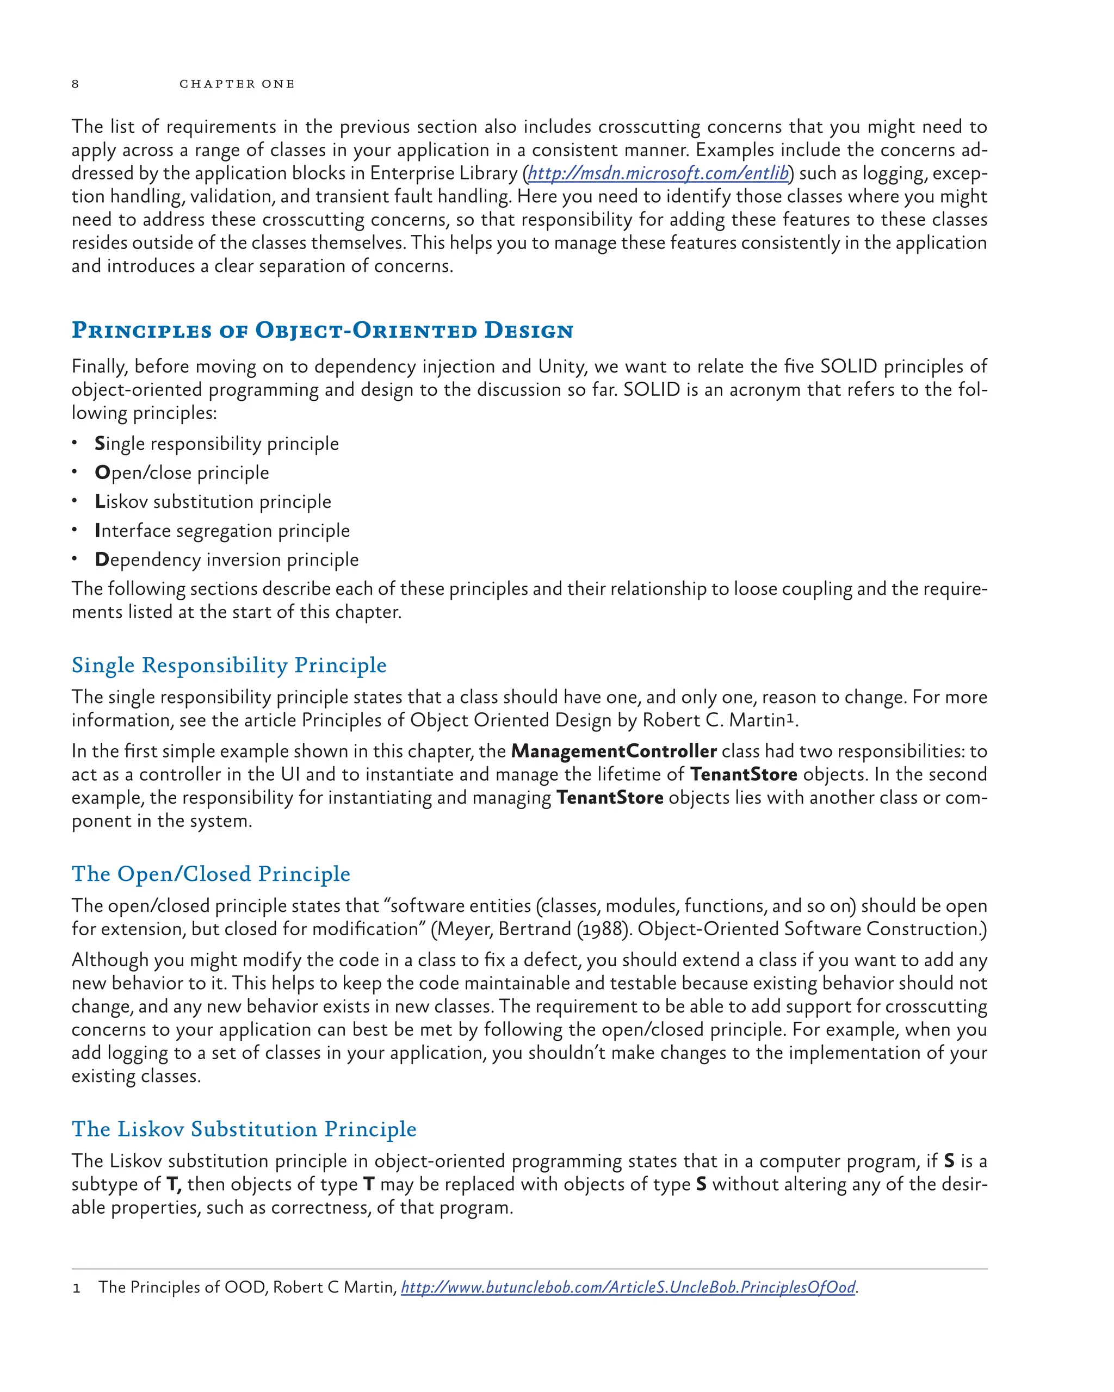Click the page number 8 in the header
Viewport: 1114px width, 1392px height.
[x=75, y=84]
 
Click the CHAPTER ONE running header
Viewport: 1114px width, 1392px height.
[x=237, y=84]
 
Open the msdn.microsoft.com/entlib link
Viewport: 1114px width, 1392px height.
[x=658, y=173]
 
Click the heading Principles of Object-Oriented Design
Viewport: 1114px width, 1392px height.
[x=322, y=330]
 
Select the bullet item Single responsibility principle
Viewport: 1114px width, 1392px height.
[x=216, y=444]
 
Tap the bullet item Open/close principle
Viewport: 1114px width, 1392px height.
[x=182, y=473]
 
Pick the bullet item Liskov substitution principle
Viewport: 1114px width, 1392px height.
[x=213, y=502]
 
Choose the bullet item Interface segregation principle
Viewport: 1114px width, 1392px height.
[x=222, y=531]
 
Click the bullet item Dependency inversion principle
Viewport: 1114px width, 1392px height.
[x=227, y=560]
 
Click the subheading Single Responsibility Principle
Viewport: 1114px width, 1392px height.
[x=228, y=665]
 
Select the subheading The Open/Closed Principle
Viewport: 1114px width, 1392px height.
[x=211, y=874]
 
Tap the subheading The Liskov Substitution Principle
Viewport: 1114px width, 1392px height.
[x=244, y=1129]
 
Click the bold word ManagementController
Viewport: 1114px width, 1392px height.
[x=614, y=751]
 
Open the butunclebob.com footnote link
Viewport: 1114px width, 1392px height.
[x=628, y=1288]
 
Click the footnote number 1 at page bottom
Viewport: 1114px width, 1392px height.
[x=76, y=1289]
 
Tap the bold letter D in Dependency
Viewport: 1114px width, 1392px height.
[x=101, y=560]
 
